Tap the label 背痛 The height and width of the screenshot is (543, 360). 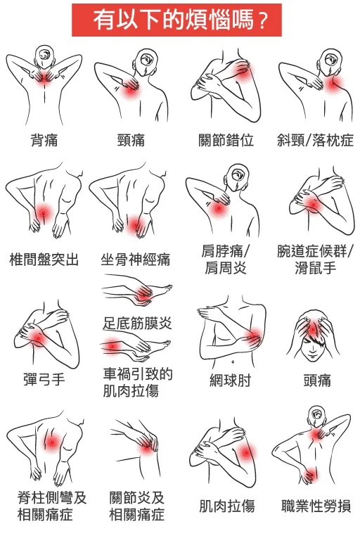point(44,140)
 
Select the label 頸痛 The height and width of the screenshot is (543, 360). point(131,140)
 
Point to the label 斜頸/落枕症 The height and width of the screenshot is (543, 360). point(314,140)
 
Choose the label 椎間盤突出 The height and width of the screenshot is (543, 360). point(44,259)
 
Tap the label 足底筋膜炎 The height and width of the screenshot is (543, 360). point(137,324)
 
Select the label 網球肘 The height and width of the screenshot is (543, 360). point(230,381)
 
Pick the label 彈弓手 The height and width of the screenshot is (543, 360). point(44,381)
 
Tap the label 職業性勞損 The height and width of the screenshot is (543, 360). point(316,506)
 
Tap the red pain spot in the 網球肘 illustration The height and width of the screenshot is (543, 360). point(253,337)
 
